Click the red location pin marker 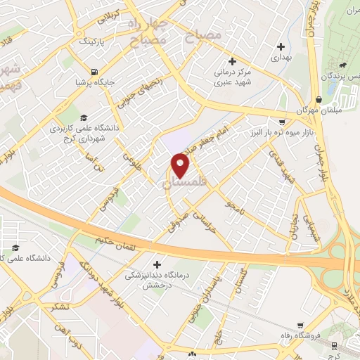pos(181,165)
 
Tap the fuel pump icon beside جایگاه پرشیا pos(94,71)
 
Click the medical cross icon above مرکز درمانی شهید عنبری pos(232,61)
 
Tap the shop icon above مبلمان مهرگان pos(319,99)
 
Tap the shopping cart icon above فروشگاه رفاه pos(300,324)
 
